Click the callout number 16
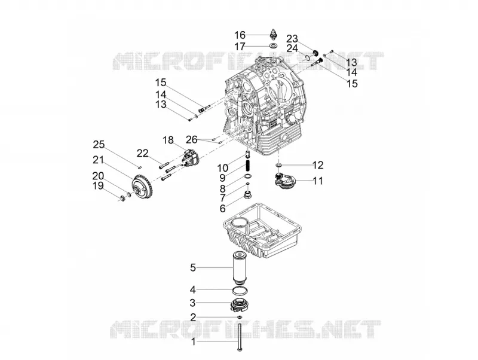(x=240, y=35)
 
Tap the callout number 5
(x=193, y=267)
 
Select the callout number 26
(x=192, y=139)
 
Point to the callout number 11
(x=318, y=181)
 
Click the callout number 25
(x=99, y=144)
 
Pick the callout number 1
(x=193, y=341)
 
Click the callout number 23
(x=292, y=39)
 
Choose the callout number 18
(x=168, y=141)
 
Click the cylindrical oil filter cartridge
(x=240, y=266)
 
